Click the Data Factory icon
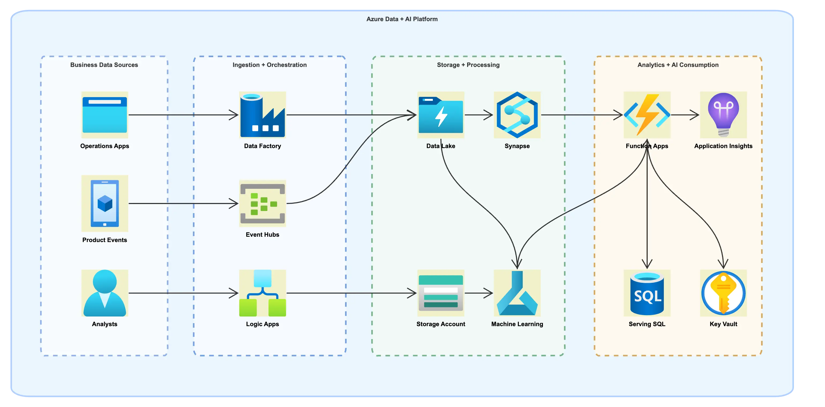262,115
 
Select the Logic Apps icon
262,293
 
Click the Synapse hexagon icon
517,115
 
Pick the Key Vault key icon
723,293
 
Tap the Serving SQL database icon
647,293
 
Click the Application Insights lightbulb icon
723,115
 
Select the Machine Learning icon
517,293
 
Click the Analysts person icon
105,293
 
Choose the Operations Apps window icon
105,115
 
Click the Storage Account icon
441,293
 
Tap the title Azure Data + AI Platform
402,19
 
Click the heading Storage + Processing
468,65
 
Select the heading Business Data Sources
104,65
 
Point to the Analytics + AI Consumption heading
678,65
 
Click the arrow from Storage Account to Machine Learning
478,293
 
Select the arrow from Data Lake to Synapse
478,115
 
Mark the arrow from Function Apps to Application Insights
685,115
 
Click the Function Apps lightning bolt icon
647,115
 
